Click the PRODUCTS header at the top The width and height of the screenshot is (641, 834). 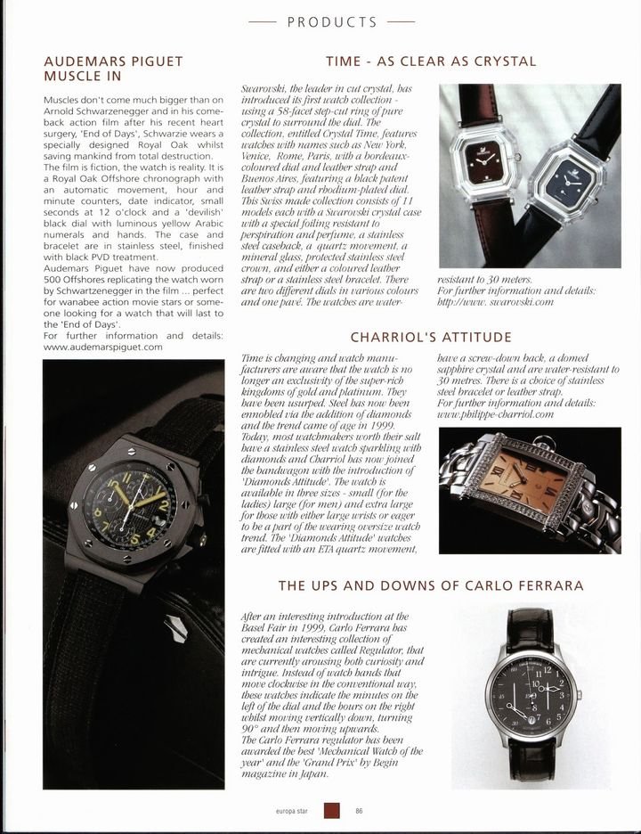tap(320, 21)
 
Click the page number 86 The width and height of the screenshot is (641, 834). tap(359, 810)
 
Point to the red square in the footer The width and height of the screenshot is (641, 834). tap(333, 810)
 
